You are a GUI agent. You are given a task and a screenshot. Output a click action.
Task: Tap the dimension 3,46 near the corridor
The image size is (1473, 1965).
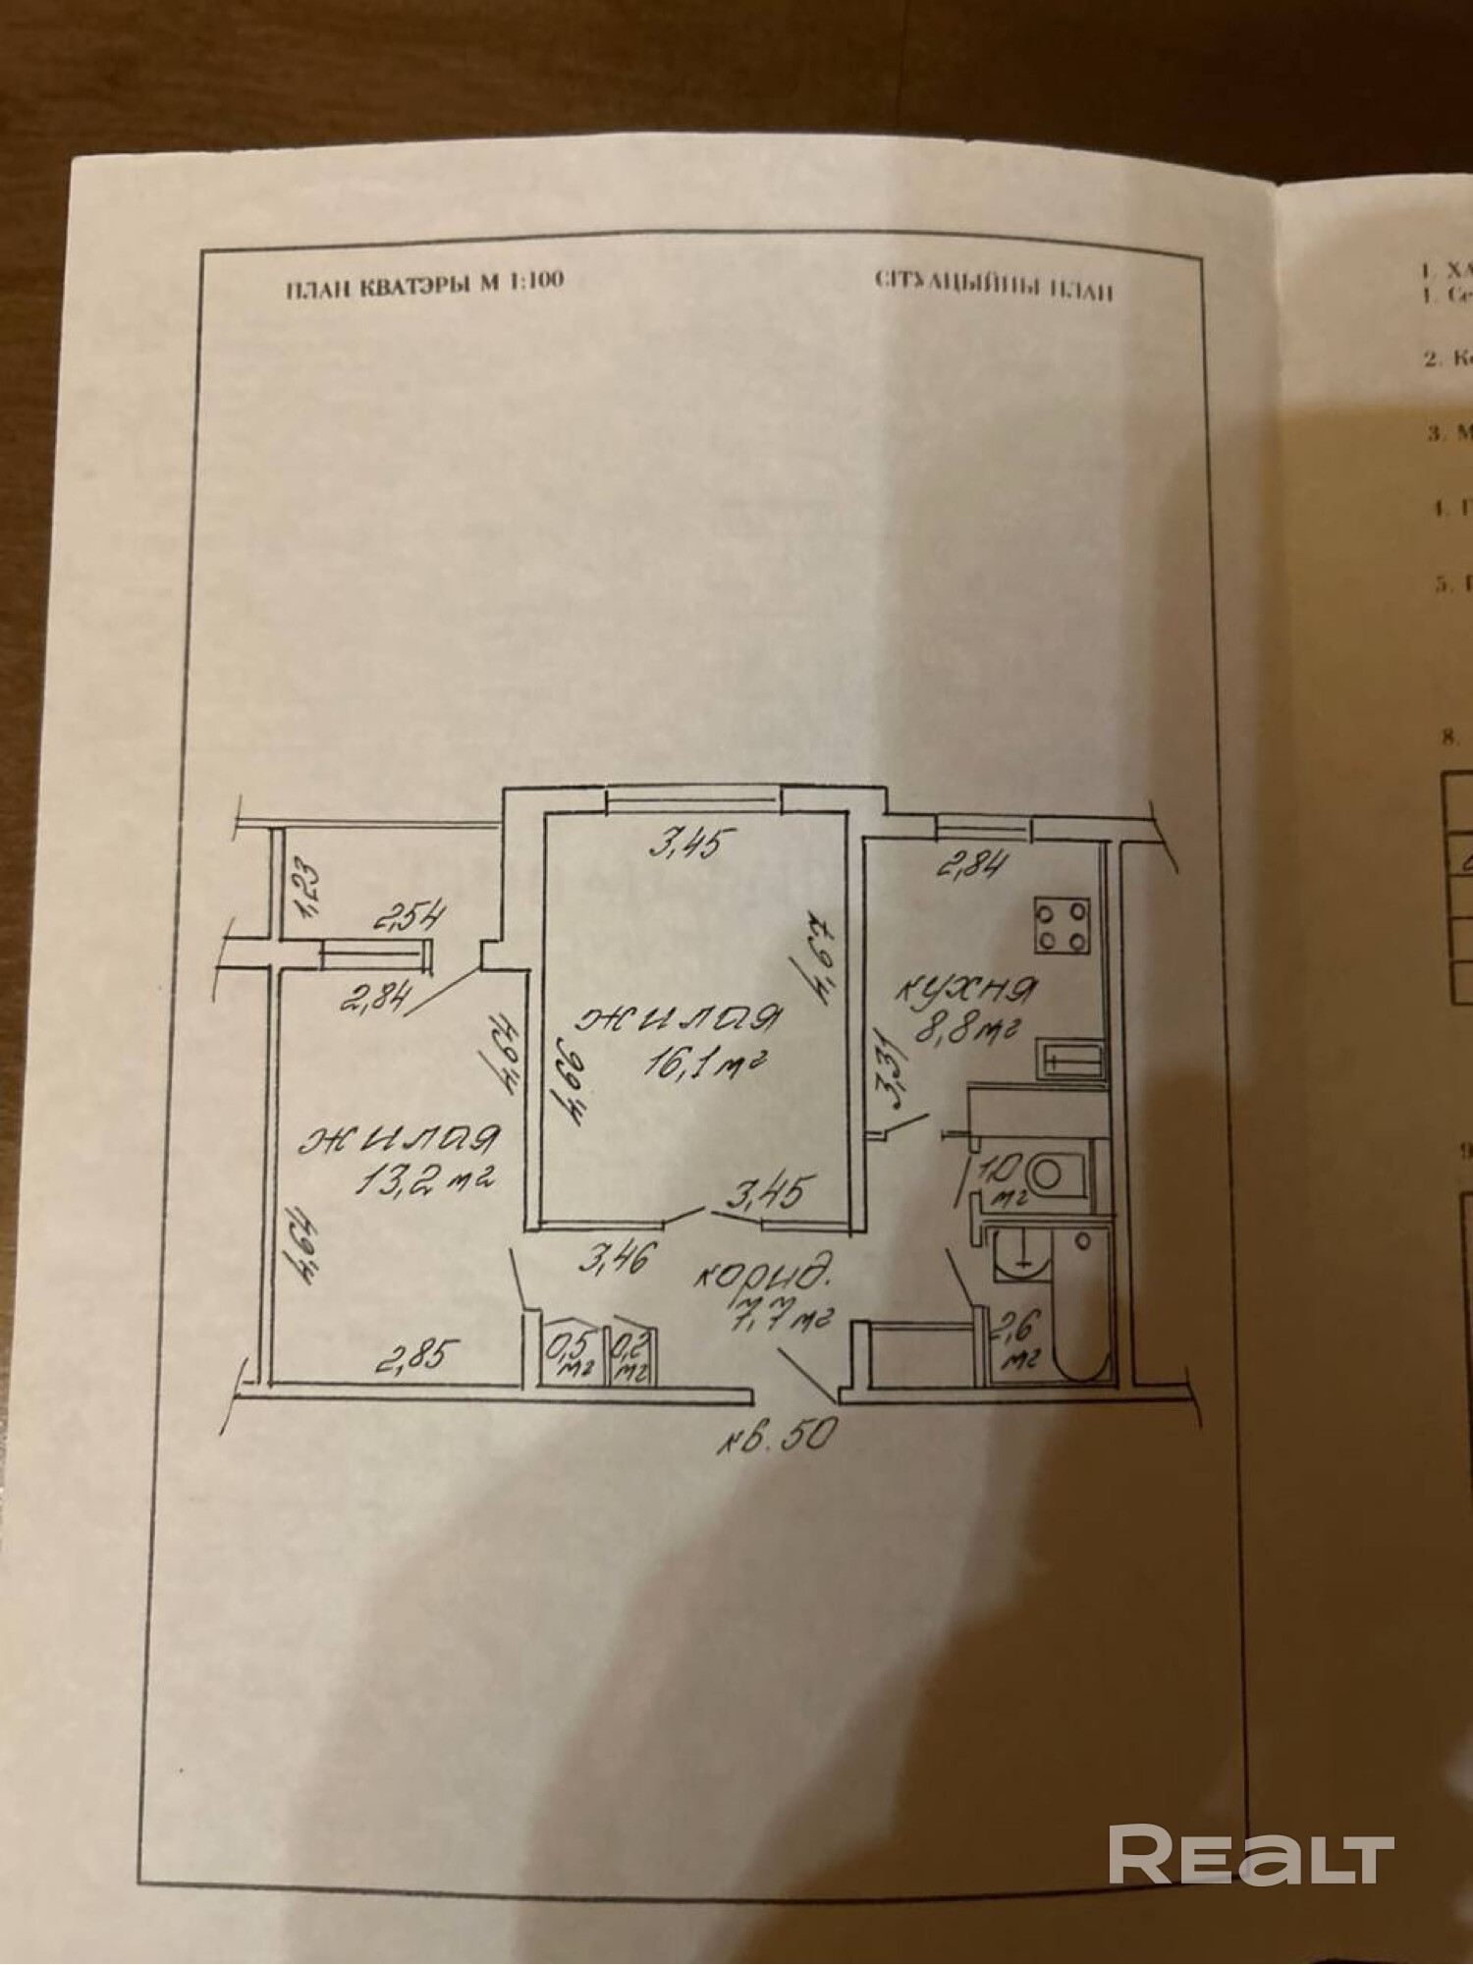[x=615, y=1260]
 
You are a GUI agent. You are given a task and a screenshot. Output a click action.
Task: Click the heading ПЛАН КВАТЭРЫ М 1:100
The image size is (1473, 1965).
[x=424, y=282]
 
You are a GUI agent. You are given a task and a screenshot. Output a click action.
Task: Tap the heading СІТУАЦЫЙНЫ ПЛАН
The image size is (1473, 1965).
[x=993, y=285]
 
